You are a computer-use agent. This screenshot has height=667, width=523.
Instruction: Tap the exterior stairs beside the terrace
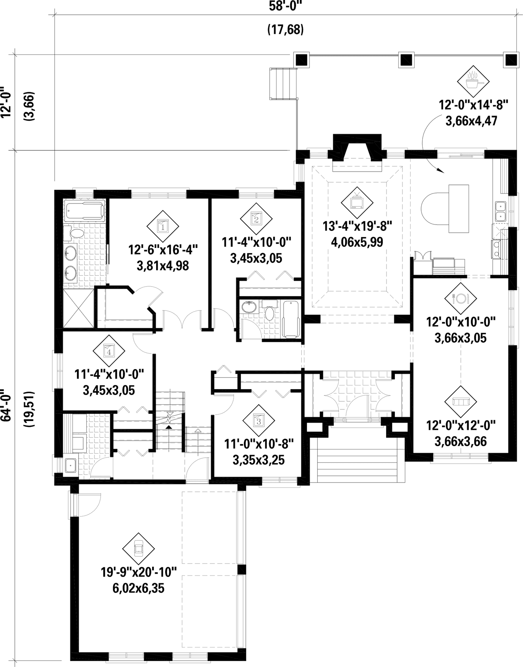pos(284,84)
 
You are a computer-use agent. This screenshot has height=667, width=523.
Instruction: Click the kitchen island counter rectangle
pos(459,209)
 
